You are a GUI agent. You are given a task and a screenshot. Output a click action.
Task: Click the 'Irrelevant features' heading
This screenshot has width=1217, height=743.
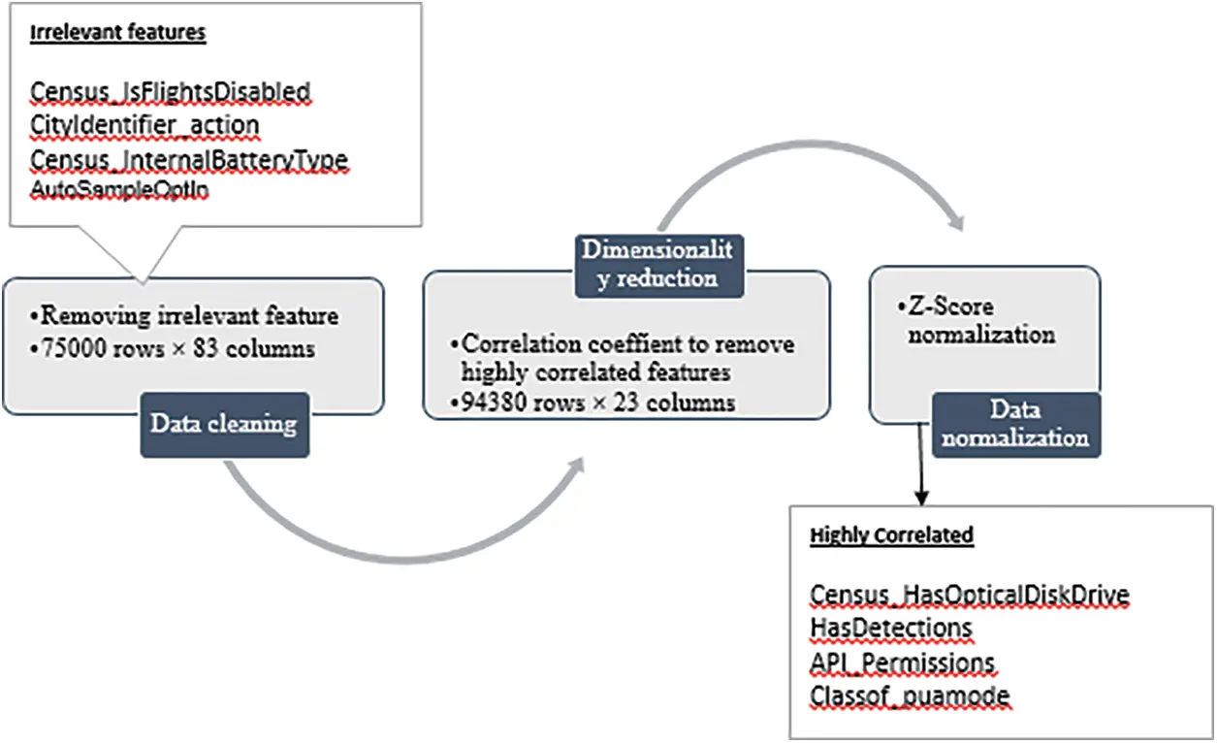click(117, 33)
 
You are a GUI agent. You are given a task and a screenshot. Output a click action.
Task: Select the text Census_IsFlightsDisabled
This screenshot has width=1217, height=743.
click(170, 92)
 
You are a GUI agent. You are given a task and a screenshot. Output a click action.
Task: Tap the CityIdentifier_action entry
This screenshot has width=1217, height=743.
click(144, 125)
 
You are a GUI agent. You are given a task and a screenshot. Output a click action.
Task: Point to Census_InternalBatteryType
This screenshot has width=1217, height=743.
click(189, 159)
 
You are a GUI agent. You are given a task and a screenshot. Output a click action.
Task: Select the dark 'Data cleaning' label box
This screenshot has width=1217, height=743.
click(224, 425)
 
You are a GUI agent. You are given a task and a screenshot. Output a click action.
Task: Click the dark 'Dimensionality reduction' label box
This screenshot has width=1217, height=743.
click(657, 263)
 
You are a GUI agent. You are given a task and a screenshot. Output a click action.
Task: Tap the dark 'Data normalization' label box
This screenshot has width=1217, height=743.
click(1016, 423)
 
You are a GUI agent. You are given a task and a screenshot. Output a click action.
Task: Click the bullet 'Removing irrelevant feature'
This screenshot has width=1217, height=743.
click(183, 315)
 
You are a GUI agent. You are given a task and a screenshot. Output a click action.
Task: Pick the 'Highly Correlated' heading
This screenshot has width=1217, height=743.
click(891, 535)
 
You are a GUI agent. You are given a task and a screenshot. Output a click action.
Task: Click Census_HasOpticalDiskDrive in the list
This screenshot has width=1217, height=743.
click(970, 594)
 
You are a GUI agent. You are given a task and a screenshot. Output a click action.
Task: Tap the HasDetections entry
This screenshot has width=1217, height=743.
click(890, 628)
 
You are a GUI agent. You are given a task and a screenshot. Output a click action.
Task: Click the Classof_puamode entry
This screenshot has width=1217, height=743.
click(910, 695)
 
